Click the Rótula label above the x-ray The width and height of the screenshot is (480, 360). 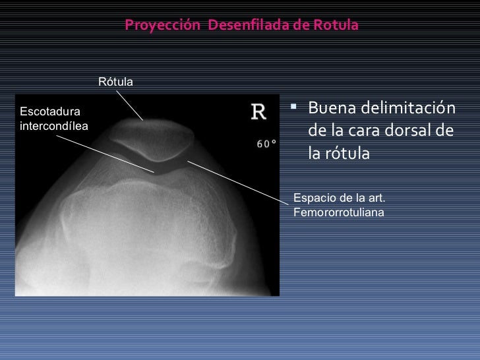115,82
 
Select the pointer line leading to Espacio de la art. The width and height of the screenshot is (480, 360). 237,178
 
